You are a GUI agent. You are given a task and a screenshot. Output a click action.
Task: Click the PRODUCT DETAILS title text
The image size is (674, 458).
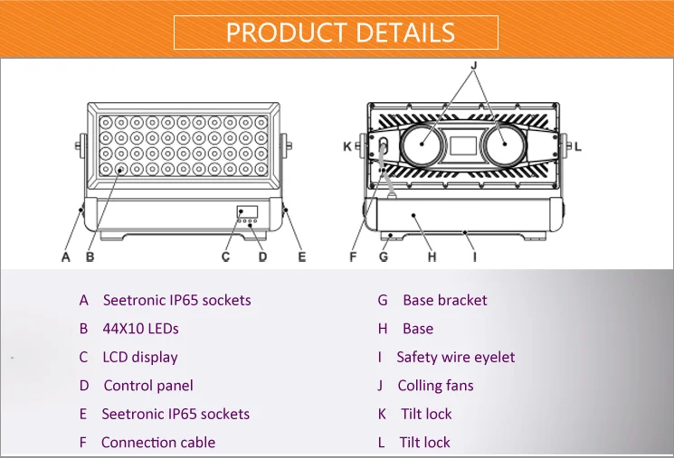340,33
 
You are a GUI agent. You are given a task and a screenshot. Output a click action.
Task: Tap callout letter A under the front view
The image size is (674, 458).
66,257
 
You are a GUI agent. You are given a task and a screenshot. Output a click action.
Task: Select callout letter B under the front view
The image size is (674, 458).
90,257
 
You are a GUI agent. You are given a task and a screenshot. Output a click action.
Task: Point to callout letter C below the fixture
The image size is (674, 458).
226,257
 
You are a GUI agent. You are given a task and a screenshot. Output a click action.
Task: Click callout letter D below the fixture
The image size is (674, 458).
262,257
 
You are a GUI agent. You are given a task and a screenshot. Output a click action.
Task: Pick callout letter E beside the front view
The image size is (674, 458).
302,257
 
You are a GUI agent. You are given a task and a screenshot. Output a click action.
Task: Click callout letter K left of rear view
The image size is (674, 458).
347,145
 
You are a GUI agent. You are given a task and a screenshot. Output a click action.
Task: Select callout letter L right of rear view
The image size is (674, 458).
579,145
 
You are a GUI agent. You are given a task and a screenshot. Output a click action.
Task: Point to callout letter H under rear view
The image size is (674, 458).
432,257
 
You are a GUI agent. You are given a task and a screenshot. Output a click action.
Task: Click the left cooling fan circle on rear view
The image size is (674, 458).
421,145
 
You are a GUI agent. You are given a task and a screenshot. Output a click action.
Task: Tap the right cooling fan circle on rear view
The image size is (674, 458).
506,145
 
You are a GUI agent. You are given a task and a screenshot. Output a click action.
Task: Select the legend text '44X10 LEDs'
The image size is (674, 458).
141,329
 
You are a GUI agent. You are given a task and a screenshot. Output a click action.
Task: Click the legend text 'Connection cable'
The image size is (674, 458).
158,443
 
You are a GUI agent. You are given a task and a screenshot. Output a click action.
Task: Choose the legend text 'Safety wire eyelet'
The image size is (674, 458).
456,357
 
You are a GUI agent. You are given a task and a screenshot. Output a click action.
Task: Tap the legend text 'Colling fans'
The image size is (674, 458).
435,386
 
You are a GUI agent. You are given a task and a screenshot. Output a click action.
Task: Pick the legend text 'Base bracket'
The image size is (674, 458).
444,300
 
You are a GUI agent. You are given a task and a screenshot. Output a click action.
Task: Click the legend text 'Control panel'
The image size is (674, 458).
148,386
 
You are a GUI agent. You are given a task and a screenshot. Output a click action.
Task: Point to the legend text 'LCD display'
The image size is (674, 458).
140,357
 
